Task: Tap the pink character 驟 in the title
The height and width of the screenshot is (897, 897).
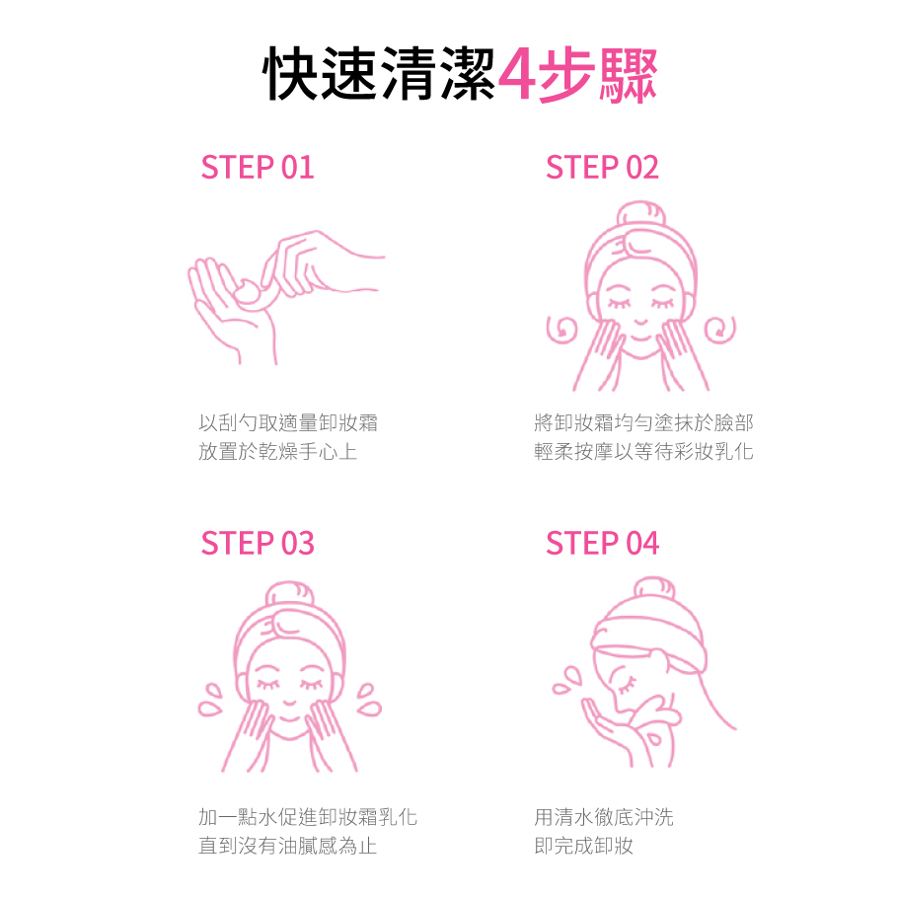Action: click(x=628, y=75)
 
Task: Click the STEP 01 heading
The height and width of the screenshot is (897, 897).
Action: click(x=258, y=167)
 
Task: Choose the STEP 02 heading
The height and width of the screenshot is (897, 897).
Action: click(x=602, y=167)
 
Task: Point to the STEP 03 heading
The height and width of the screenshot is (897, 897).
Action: click(x=258, y=543)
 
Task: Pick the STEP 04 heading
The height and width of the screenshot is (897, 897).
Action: click(x=602, y=543)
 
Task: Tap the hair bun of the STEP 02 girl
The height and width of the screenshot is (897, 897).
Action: click(x=641, y=214)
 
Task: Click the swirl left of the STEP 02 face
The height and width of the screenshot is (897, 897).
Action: click(x=561, y=330)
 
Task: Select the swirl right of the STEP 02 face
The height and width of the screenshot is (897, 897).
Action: click(x=720, y=330)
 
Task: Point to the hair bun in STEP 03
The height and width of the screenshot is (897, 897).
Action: click(x=290, y=595)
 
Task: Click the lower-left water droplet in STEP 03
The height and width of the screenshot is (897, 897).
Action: click(x=209, y=709)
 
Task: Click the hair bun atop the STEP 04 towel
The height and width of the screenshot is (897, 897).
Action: click(x=655, y=590)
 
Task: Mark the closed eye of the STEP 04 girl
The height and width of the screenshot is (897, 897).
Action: click(x=629, y=683)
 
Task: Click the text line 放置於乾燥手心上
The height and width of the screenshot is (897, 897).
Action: click(x=277, y=452)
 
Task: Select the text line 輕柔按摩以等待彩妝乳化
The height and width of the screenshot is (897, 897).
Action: click(x=643, y=452)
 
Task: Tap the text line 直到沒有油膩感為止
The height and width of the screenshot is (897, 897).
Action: click(x=288, y=846)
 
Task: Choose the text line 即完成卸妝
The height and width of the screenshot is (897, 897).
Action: click(x=583, y=846)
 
